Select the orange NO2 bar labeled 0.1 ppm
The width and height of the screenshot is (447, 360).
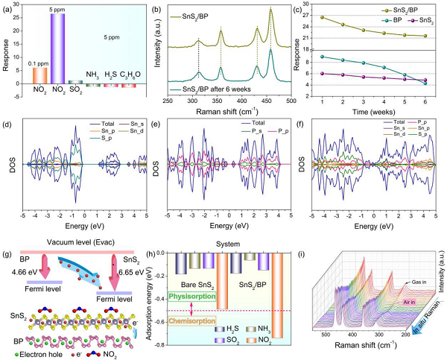coord(41,76)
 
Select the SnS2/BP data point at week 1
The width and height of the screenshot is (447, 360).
coord(322,17)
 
